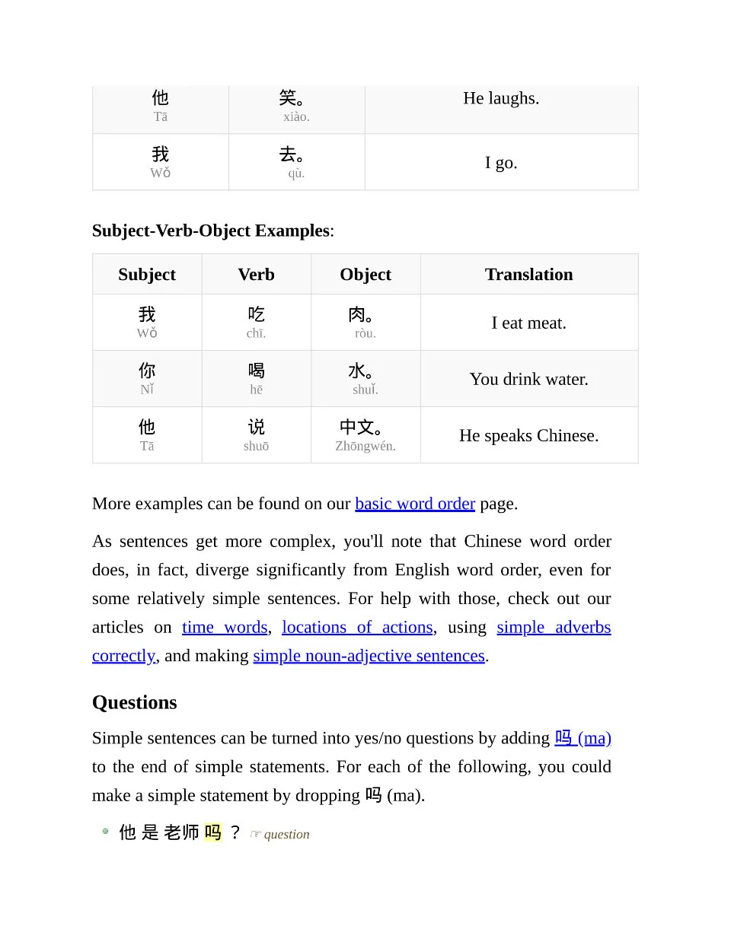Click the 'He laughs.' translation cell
pos(501,98)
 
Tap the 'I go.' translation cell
pos(501,163)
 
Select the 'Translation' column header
pos(528,275)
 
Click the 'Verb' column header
pos(256,275)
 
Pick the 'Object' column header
pos(365,275)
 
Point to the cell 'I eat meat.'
pos(528,323)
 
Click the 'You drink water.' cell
pos(528,379)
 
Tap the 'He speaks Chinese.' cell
pos(528,435)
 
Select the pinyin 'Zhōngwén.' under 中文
pos(365,447)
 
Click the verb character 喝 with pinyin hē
pos(257,371)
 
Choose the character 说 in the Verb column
pos(257,427)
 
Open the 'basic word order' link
pos(415,504)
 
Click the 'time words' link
pos(225,627)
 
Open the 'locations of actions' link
pos(357,627)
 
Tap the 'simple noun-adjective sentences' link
pos(369,656)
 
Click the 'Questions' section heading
pos(135,702)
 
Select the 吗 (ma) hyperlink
pos(583,738)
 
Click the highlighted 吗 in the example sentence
pos(213,832)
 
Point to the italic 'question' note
pos(286,835)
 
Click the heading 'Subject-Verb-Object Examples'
pos(211,231)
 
